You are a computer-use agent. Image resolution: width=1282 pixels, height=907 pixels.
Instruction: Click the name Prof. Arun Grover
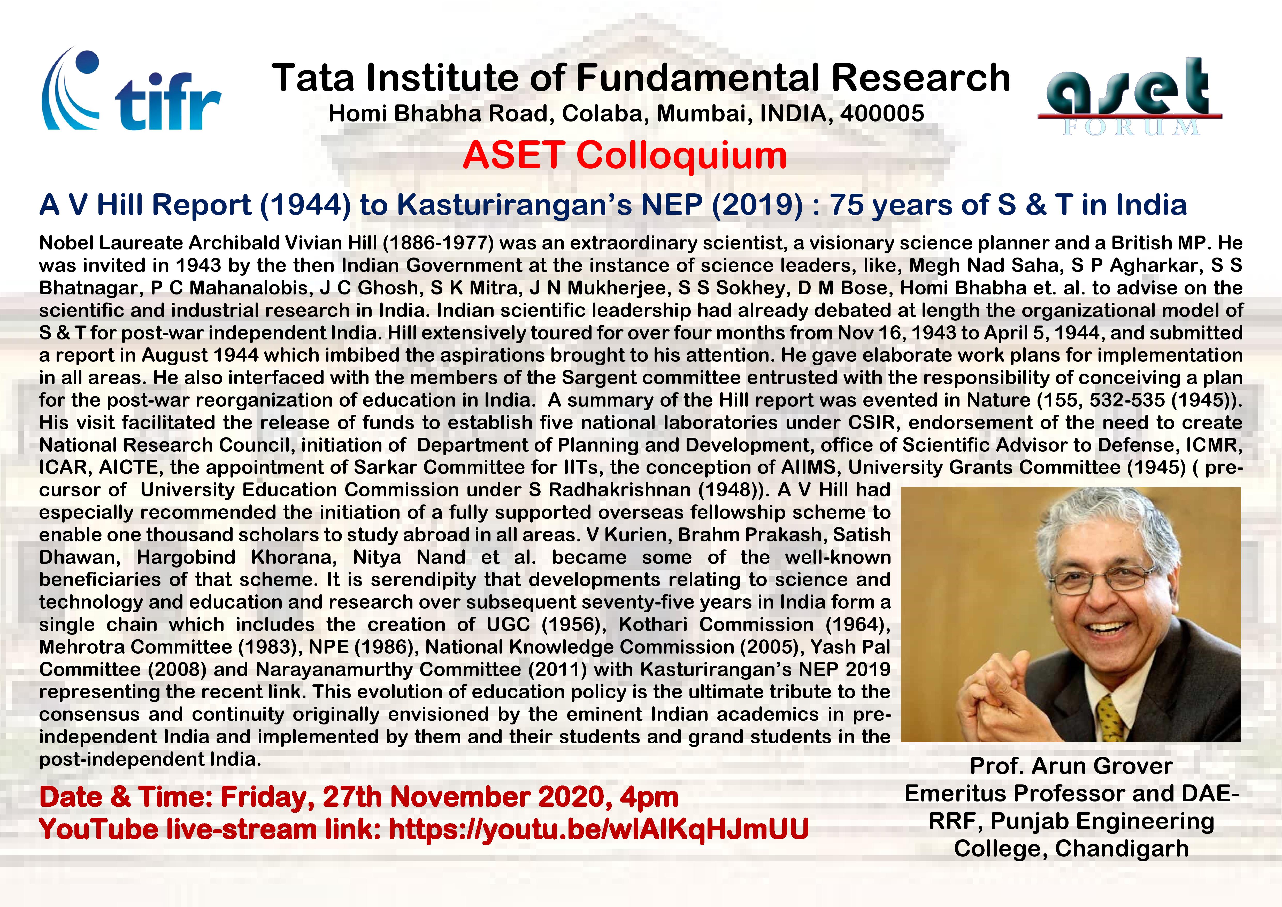(x=1071, y=766)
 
